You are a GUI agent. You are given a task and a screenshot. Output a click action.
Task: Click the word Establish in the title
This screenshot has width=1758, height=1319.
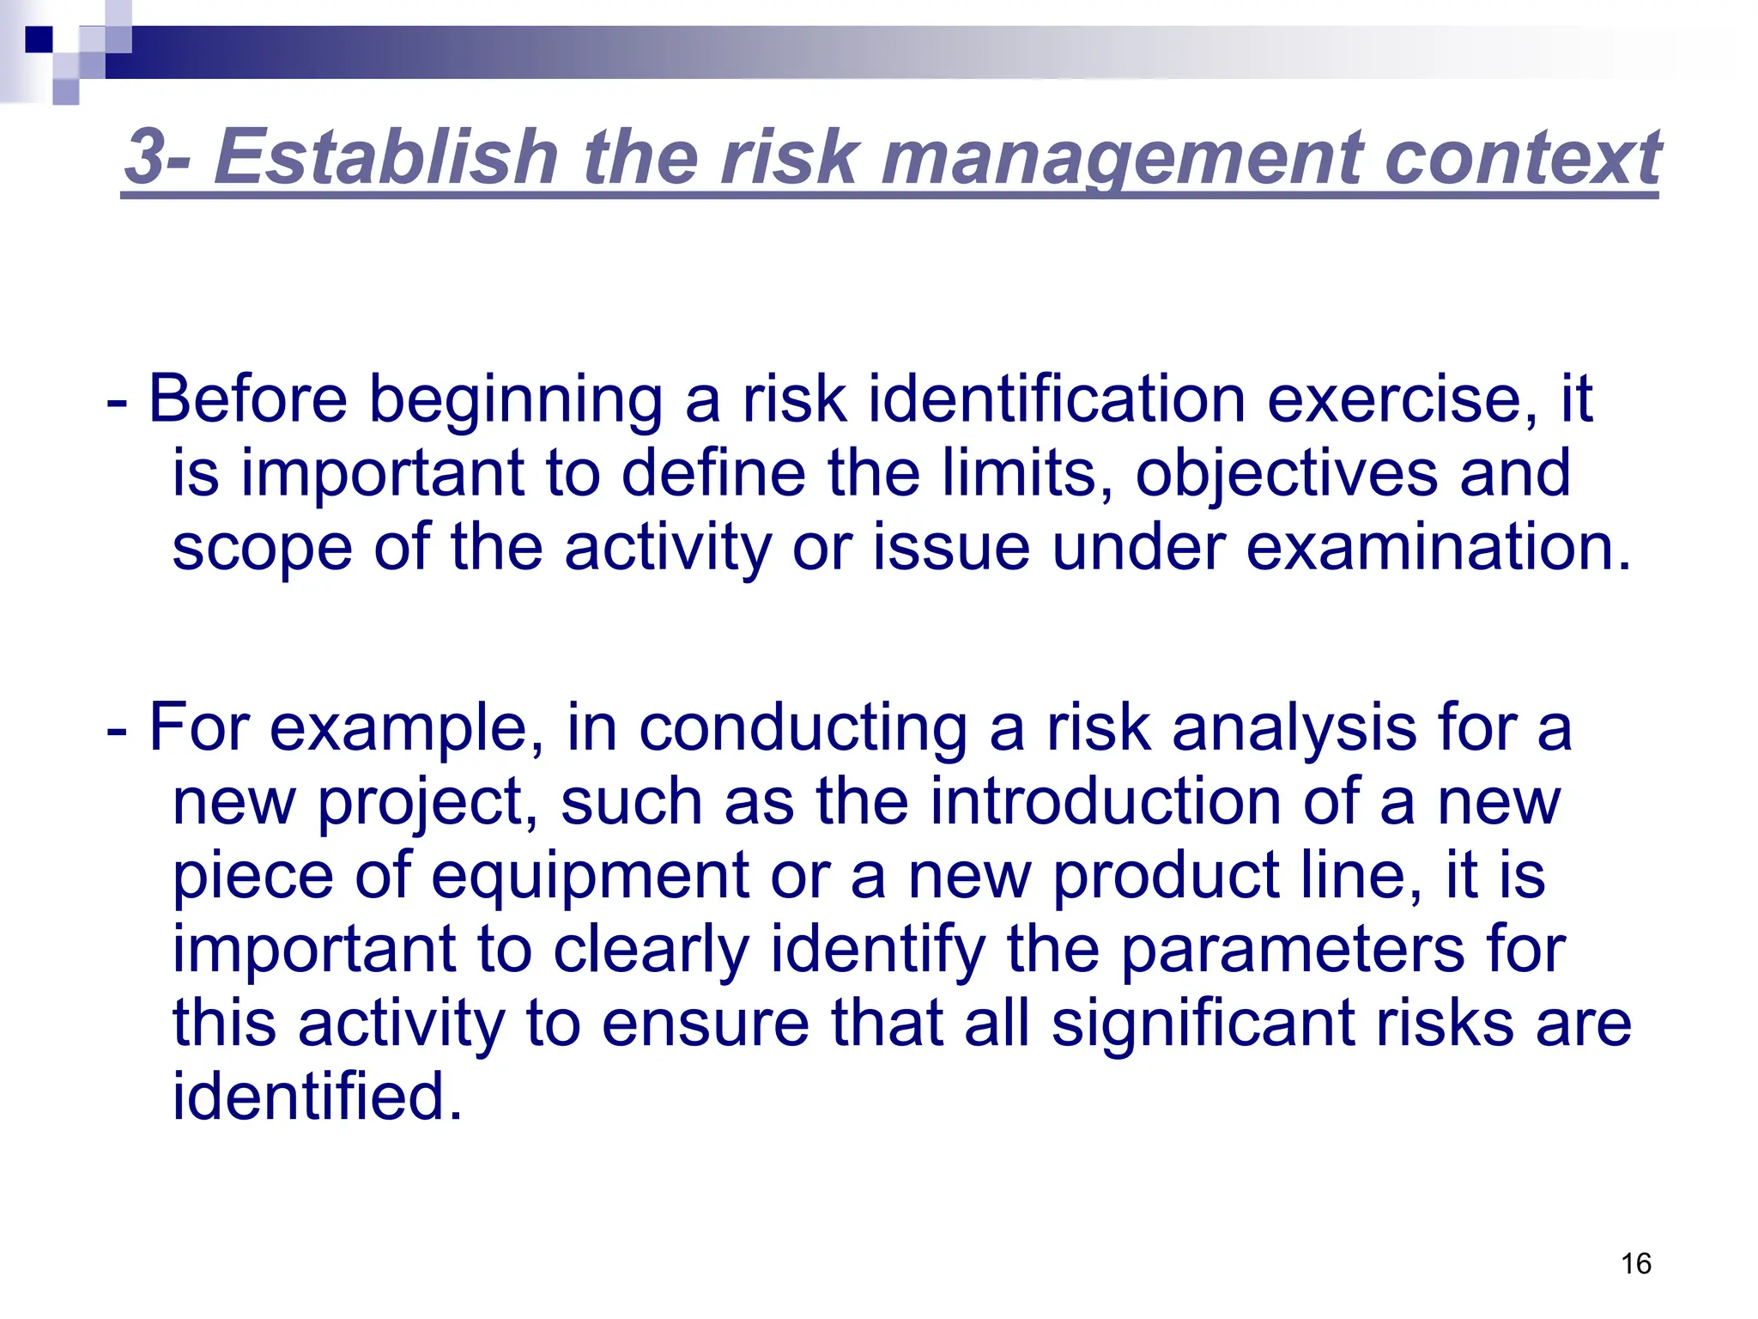[x=386, y=156]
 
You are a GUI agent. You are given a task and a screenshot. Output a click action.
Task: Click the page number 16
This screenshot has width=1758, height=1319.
[x=1636, y=1263]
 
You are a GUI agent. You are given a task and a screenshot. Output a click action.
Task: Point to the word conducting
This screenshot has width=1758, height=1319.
[x=803, y=728]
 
